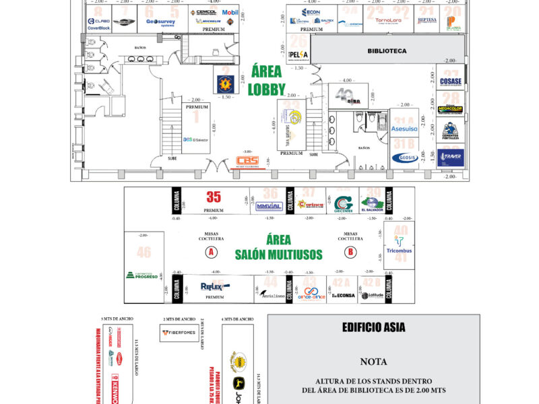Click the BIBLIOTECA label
pos(387,50)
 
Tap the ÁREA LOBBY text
pos(267,79)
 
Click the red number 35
pos(214,197)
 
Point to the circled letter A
pos(212,252)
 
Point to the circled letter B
pos(350,252)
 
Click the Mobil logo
pos(230,13)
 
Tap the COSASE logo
pos(451,81)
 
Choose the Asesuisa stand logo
pos(404,128)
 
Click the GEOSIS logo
pos(404,158)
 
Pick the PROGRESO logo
pos(142,275)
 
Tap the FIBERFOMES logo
pos(179,332)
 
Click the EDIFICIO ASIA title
pos(373,328)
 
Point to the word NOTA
pos(373,362)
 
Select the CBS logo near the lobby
pos(247,162)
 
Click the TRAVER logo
pos(450,159)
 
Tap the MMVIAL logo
pos(269,206)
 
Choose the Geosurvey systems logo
pos(160,22)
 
